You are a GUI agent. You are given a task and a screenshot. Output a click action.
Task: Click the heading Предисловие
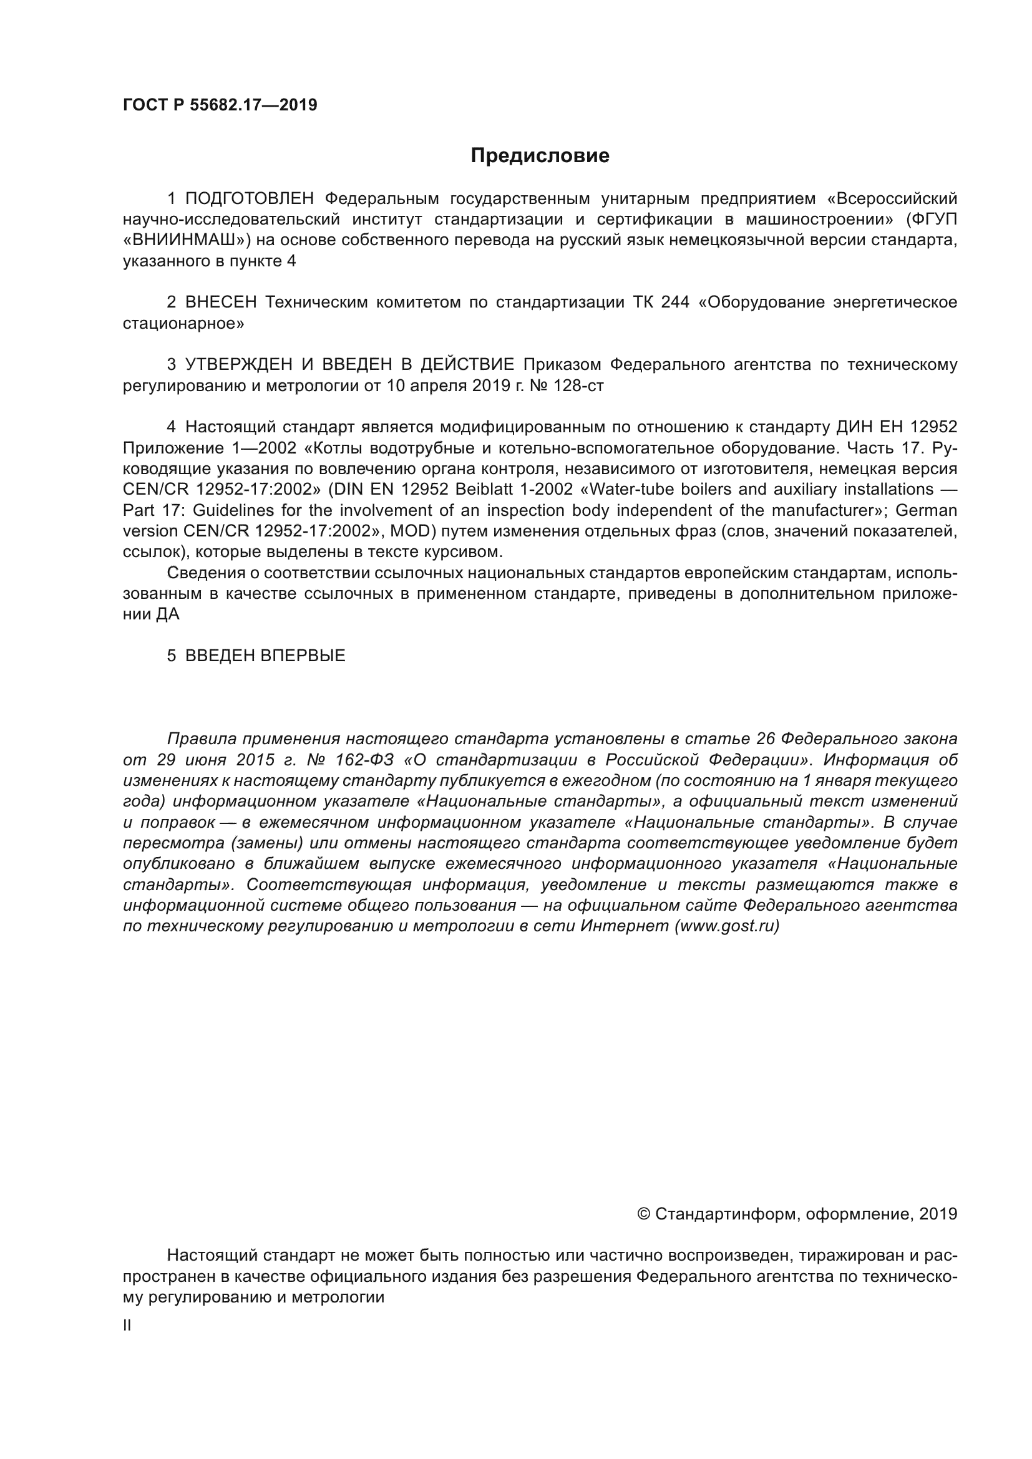click(540, 156)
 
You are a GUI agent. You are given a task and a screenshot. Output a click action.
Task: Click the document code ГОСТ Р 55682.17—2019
click(220, 105)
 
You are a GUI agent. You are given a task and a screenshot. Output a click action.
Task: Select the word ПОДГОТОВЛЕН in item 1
click(249, 199)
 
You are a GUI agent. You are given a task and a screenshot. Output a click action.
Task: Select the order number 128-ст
click(578, 385)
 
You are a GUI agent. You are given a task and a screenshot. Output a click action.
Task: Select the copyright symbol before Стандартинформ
click(643, 1214)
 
